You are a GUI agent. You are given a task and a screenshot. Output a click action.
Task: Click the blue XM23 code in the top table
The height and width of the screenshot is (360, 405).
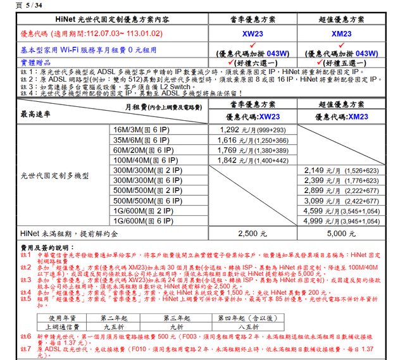[x=342, y=33]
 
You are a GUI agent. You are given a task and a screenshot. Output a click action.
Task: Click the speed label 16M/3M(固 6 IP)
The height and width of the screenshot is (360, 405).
[x=142, y=130]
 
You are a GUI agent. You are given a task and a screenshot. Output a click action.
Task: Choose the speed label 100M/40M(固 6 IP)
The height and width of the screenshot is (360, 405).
[x=142, y=160]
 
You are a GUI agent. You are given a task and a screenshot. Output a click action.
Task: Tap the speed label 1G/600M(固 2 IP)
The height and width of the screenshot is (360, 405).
[x=142, y=211]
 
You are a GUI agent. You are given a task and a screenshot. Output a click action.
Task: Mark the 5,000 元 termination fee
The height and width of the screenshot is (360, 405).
[x=342, y=233]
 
